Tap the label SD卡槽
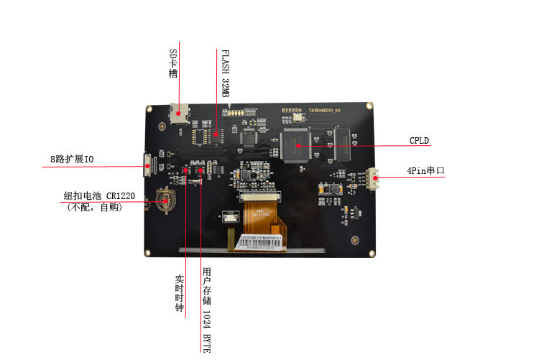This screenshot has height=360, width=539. pos(172,64)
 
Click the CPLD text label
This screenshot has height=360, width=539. pos(419,141)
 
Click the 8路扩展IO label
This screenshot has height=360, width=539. pos(71,158)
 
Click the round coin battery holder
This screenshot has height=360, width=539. pos(165,200)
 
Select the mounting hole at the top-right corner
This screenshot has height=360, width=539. pos(369,106)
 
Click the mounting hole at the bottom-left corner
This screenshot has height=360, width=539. pos(147,253)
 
